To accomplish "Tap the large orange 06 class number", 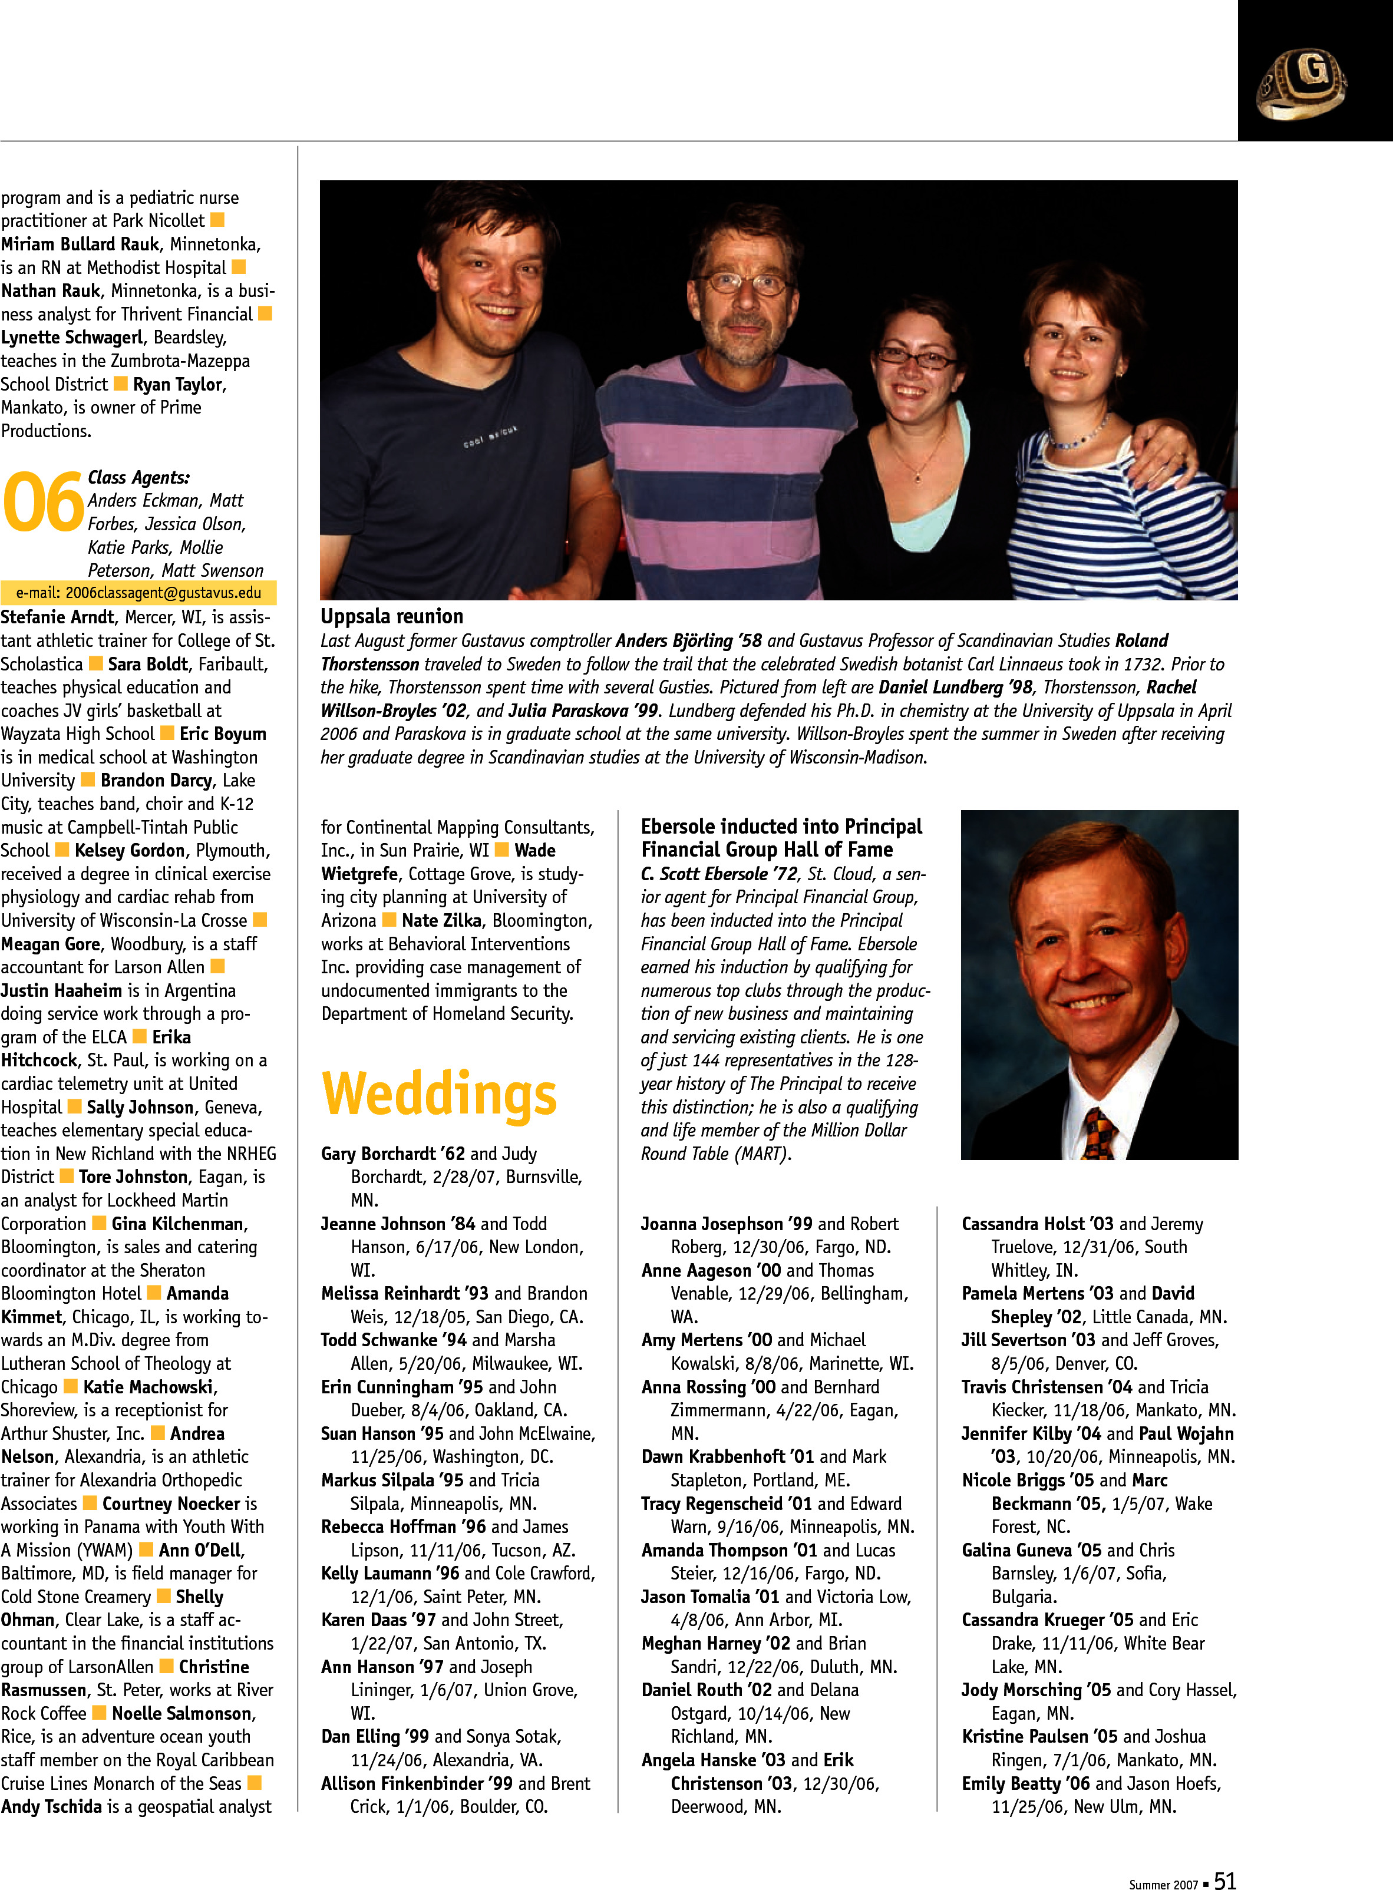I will tap(43, 503).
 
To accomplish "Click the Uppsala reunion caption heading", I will tap(391, 616).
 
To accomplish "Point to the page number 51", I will tap(1224, 1881).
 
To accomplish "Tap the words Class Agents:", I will tap(139, 477).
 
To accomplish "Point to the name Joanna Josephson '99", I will tap(726, 1223).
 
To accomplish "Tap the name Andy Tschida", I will tap(51, 1806).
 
